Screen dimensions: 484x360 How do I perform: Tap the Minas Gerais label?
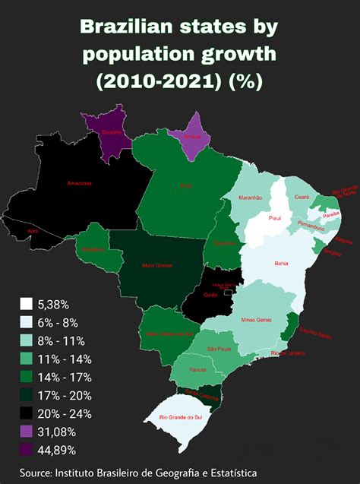255,320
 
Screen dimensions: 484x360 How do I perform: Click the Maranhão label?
250,197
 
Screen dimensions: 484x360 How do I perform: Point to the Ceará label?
302,198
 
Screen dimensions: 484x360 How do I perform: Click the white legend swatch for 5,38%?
26,304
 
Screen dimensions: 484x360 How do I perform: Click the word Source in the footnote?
34,473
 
